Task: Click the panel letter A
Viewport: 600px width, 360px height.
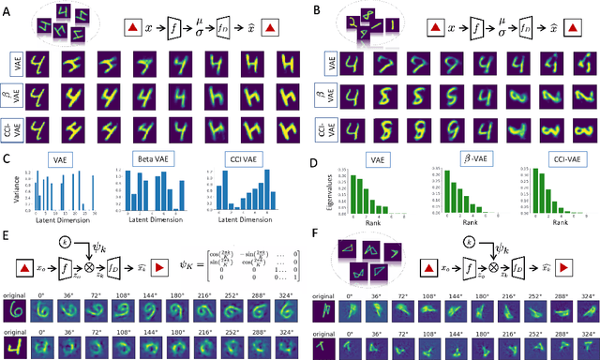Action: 7,10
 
